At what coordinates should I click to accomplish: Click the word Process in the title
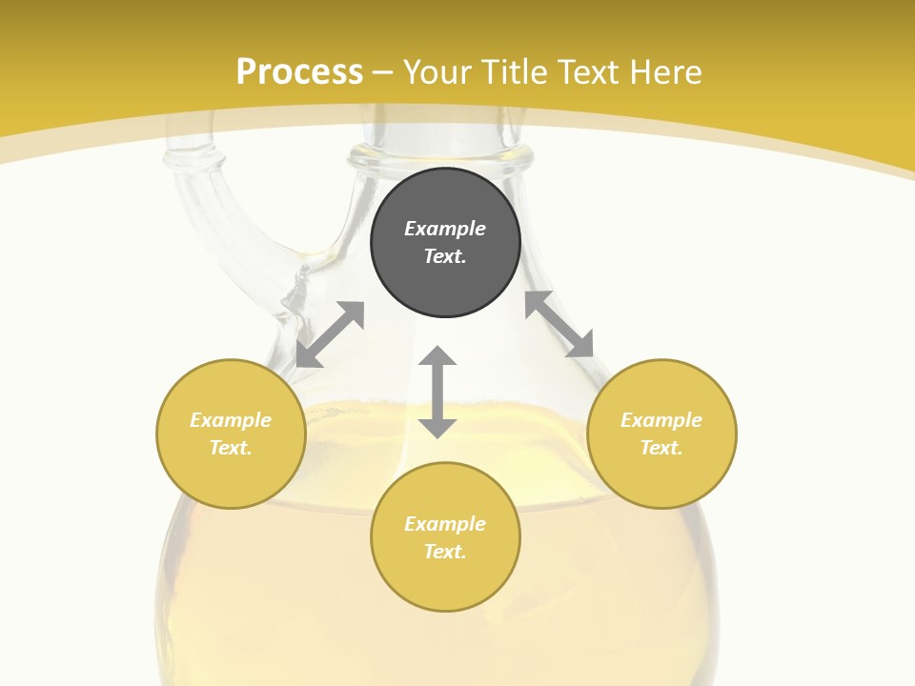pos(299,71)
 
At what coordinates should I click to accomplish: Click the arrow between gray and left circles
pos(330,334)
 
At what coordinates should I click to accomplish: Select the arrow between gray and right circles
pos(559,325)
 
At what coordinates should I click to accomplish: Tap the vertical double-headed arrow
pos(437,392)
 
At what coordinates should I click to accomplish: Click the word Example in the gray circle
pos(445,229)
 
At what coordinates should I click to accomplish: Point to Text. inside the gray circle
pos(445,256)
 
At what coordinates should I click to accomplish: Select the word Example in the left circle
pos(231,420)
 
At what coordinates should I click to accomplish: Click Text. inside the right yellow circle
pos(661,448)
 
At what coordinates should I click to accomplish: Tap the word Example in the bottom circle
pos(445,524)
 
